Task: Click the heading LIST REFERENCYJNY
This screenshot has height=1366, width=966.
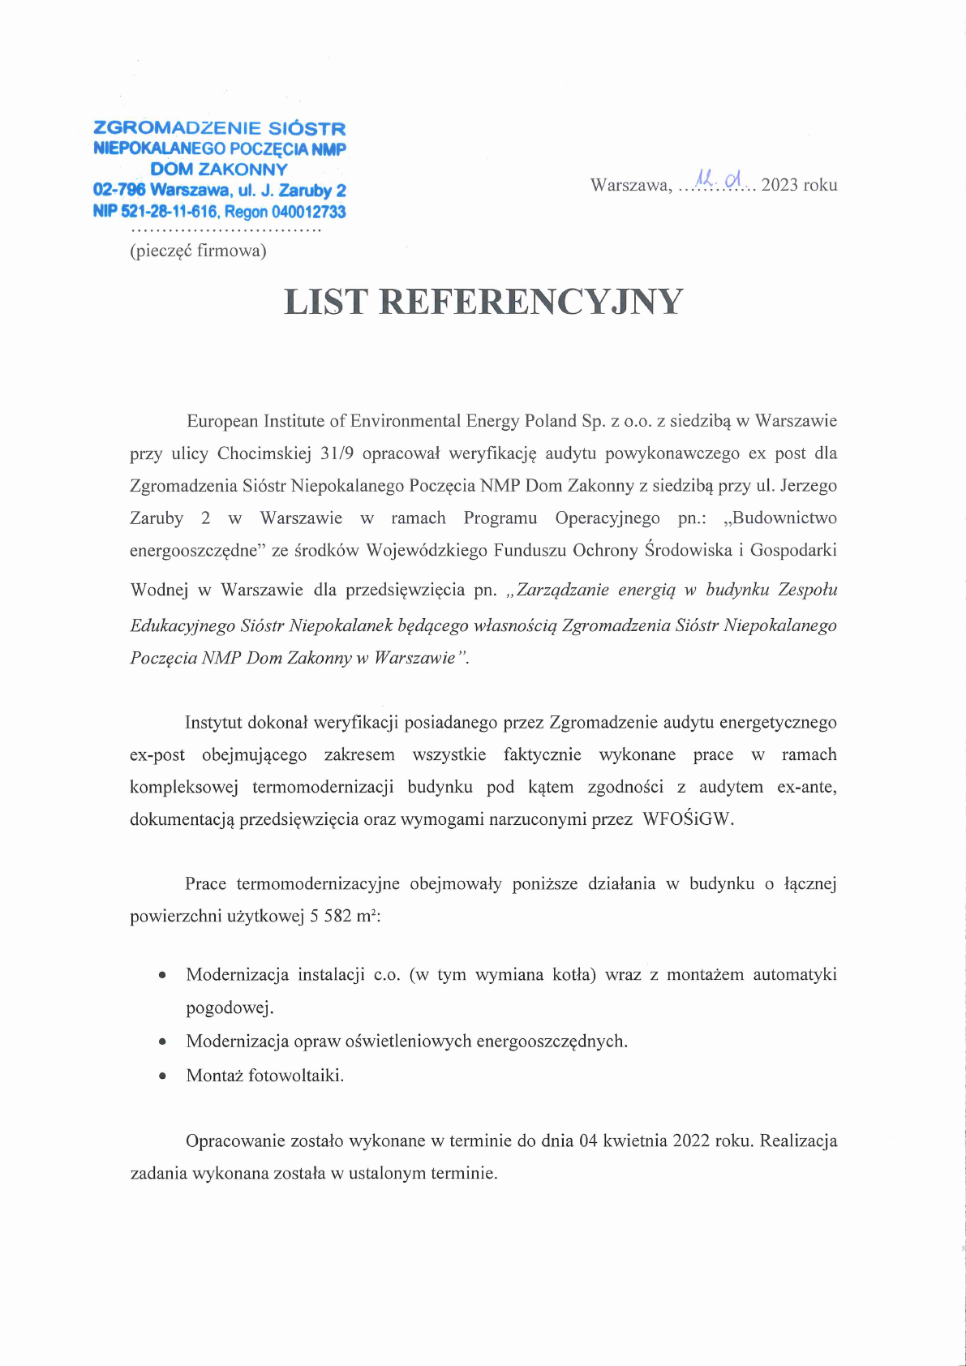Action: [x=483, y=303]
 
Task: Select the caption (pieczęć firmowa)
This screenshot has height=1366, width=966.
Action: [x=198, y=251]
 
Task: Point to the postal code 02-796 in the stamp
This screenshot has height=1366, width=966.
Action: [x=119, y=191]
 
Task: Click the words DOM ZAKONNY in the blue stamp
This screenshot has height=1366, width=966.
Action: [x=219, y=170]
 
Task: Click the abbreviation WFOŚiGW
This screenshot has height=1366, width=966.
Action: [x=687, y=819]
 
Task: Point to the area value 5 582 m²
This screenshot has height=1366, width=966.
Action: [x=344, y=917]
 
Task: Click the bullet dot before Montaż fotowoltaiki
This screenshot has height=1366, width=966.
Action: [x=163, y=1076]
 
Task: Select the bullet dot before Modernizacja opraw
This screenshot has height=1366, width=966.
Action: [x=163, y=1042]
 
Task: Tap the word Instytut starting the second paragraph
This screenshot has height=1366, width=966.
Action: [x=213, y=723]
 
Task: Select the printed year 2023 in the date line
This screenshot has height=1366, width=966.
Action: [x=779, y=185]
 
